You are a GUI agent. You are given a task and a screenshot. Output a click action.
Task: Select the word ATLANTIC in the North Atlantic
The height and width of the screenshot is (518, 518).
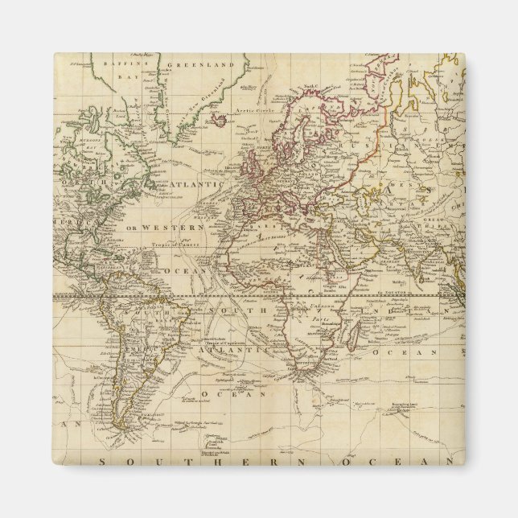tap(197, 185)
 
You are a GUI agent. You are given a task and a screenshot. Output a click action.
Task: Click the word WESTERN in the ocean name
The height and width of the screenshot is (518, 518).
tap(170, 228)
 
